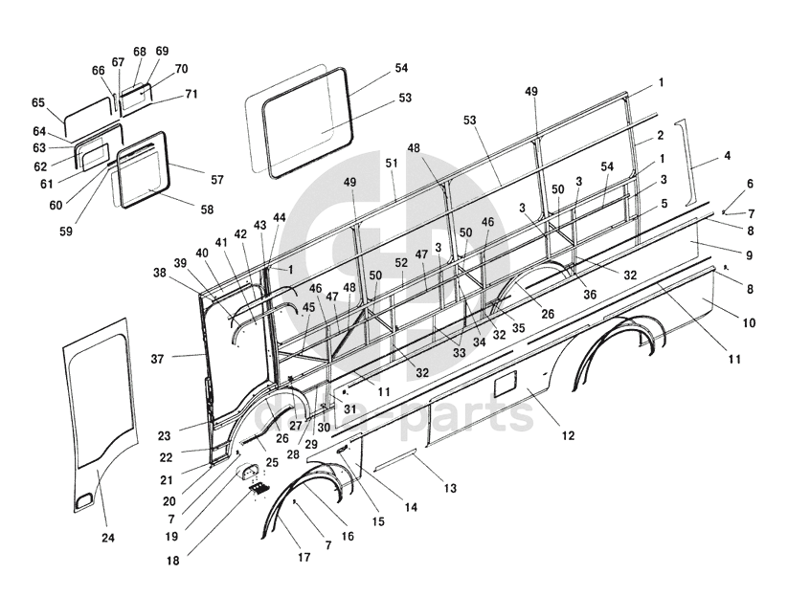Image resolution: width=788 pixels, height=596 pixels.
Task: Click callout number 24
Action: pyautogui.click(x=107, y=539)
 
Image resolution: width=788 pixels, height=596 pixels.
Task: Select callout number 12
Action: pyautogui.click(x=568, y=435)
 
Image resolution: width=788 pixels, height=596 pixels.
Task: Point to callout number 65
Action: pyautogui.click(x=38, y=103)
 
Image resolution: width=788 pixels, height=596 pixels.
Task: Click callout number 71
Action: pyautogui.click(x=191, y=94)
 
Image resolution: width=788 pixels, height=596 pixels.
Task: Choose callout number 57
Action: pyautogui.click(x=216, y=180)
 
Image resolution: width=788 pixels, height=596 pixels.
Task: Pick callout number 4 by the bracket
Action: pyautogui.click(x=727, y=155)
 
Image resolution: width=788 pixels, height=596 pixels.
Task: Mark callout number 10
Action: pyautogui.click(x=749, y=323)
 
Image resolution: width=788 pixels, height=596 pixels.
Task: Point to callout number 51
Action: pyautogui.click(x=392, y=164)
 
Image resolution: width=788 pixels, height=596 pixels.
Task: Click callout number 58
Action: pyautogui.click(x=206, y=210)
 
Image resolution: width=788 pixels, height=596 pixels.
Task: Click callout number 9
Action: pyautogui.click(x=749, y=255)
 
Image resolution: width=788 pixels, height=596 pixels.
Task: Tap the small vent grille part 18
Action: pyautogui.click(x=258, y=489)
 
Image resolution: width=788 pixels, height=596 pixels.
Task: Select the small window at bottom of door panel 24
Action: pyautogui.click(x=84, y=497)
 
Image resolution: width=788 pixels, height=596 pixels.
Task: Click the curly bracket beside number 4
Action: pyautogui.click(x=686, y=162)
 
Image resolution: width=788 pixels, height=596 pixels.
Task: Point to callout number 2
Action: pyautogui.click(x=660, y=136)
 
